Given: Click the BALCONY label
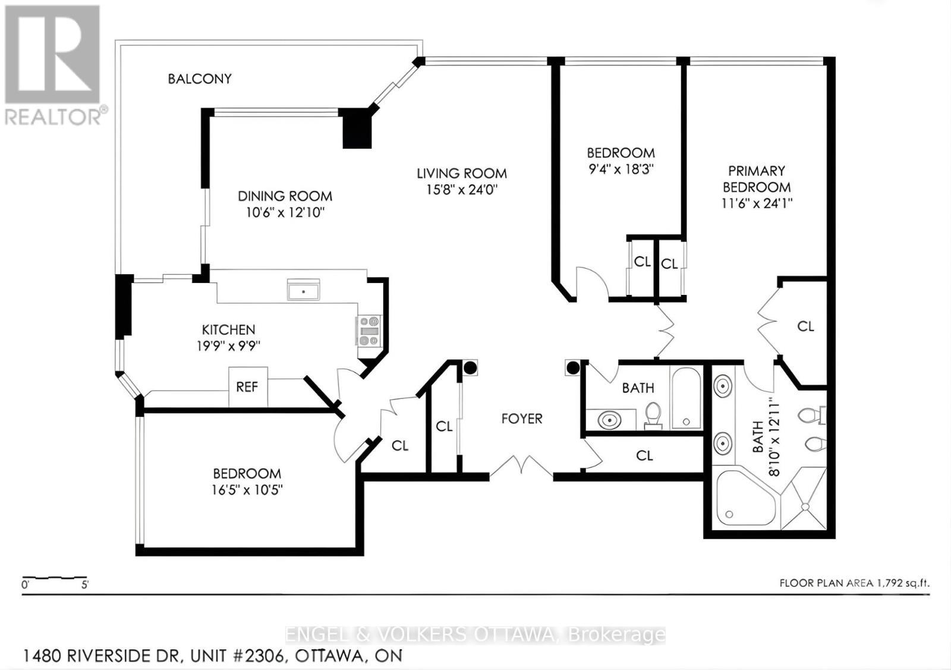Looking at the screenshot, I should click(199, 78).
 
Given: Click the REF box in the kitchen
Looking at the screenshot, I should click(247, 387).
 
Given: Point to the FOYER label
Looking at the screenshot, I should click(521, 419).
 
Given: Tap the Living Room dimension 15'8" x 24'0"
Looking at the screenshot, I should click(461, 190).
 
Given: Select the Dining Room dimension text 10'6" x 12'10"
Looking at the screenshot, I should click(285, 213).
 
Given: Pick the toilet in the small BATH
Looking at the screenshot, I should click(653, 414).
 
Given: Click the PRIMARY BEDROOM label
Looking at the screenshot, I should click(756, 179).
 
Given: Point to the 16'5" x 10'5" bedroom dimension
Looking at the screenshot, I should click(247, 490).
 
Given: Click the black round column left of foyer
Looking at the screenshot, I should click(470, 368).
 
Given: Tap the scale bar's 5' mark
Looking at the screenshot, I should click(84, 585).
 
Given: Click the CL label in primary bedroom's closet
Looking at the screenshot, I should click(805, 326).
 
